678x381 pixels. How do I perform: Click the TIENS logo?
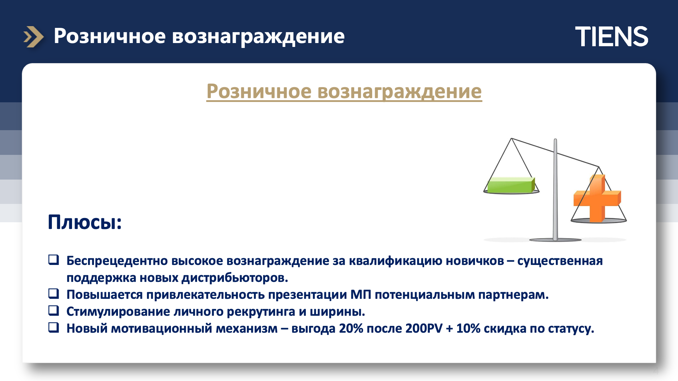(x=612, y=36)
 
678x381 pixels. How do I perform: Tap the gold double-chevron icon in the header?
(x=34, y=37)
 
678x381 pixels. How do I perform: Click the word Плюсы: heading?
(x=85, y=222)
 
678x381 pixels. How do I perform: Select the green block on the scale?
(x=511, y=185)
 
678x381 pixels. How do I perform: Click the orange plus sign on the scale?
(x=597, y=199)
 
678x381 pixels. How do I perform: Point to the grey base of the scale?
(x=555, y=240)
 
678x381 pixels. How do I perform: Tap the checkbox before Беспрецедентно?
(x=54, y=260)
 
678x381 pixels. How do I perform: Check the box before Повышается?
(x=54, y=294)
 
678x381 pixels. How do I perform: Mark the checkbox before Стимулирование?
(x=54, y=310)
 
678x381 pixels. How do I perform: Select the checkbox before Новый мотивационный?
(x=54, y=327)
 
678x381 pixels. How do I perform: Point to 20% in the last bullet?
(x=351, y=328)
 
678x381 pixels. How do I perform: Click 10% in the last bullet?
(x=468, y=328)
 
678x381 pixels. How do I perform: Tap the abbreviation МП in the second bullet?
(x=361, y=295)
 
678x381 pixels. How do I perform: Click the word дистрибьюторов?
(x=235, y=278)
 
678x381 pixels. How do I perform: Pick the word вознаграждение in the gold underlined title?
(x=399, y=92)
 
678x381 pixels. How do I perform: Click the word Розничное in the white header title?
(x=109, y=36)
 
